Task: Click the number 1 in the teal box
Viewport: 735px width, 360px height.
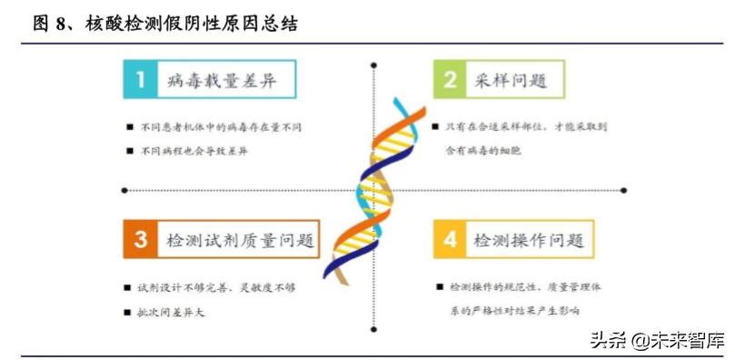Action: click(x=140, y=80)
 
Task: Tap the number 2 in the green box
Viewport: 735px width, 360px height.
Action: click(x=450, y=80)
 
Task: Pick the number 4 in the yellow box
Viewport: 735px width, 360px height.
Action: click(x=450, y=240)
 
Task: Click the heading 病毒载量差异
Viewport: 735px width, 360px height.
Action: click(x=222, y=81)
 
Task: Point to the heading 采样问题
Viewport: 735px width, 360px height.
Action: click(x=510, y=81)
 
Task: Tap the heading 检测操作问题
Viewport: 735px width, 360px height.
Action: click(x=528, y=241)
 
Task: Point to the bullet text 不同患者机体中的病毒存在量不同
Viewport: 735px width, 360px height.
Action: click(x=226, y=126)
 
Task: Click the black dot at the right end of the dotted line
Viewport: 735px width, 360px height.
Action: click(x=623, y=190)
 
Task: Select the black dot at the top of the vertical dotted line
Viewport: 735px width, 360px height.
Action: click(x=374, y=65)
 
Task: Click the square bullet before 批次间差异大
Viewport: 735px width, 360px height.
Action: click(x=129, y=313)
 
